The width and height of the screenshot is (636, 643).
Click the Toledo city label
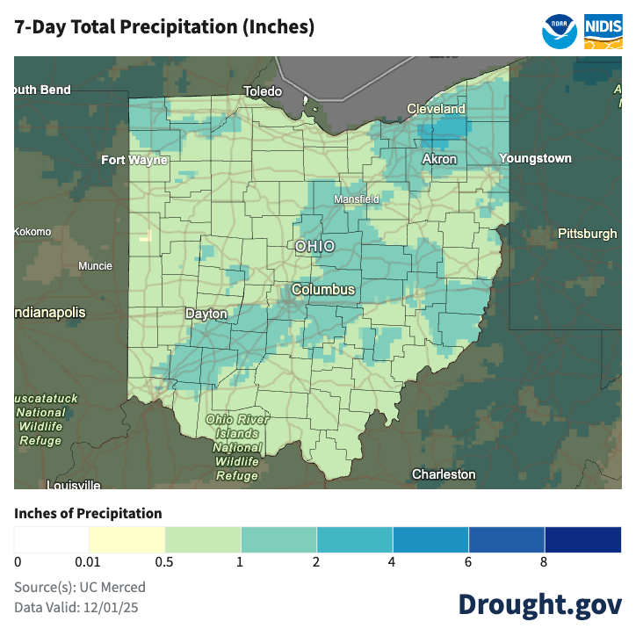(x=263, y=91)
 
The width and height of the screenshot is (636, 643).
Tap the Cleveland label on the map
(x=436, y=109)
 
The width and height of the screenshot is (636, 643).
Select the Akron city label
(x=439, y=159)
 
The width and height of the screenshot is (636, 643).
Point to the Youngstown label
(x=535, y=159)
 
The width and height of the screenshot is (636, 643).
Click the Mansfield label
(x=356, y=199)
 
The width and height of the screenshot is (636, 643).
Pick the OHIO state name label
(x=314, y=246)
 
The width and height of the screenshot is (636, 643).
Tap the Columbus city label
(x=323, y=289)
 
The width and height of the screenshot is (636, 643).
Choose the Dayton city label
(x=206, y=314)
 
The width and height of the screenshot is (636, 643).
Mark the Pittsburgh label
(x=587, y=234)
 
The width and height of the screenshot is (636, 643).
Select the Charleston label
(x=444, y=474)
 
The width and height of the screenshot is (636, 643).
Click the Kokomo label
(x=33, y=232)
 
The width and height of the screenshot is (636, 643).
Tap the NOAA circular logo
(x=560, y=30)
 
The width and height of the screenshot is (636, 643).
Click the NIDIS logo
(x=603, y=30)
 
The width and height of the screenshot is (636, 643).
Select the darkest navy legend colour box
(x=582, y=539)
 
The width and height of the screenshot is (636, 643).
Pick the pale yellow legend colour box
(x=126, y=539)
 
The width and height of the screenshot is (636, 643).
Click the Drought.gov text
(x=539, y=604)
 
